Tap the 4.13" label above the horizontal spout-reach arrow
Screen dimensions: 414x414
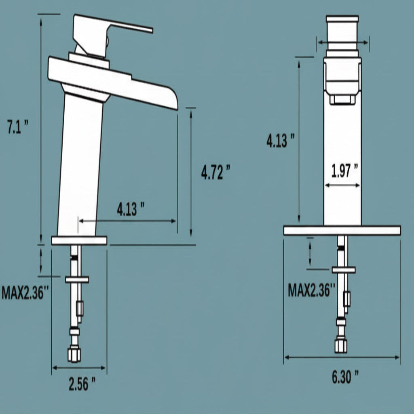(131, 209)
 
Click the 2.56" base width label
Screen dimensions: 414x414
(82, 383)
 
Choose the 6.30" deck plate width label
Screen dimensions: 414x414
(345, 377)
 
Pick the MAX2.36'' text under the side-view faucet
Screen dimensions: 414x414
(25, 292)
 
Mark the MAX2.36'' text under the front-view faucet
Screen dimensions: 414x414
(312, 290)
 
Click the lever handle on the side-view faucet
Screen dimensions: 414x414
(121, 26)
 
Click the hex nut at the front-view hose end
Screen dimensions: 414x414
(341, 345)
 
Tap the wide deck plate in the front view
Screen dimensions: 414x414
(342, 230)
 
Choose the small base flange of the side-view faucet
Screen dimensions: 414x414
(79, 241)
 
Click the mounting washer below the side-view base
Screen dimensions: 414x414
(77, 279)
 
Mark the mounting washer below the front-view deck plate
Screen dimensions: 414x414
(343, 270)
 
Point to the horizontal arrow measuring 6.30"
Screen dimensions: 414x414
(342, 357)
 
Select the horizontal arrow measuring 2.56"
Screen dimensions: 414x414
(79, 368)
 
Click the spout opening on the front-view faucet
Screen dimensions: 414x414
(342, 99)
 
